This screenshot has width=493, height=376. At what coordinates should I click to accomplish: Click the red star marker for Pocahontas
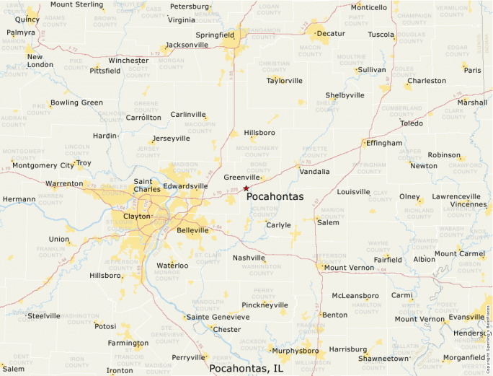tap(246, 188)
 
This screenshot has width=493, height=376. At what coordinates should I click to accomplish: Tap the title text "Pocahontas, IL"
tap(246, 368)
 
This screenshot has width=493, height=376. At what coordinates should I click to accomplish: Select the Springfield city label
tap(215, 35)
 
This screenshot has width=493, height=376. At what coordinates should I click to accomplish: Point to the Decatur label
tap(331, 33)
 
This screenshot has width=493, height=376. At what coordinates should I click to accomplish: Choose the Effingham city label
tap(383, 143)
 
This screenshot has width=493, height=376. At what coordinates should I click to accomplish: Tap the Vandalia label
tap(314, 172)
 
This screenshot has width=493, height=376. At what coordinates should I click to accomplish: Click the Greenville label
tap(241, 177)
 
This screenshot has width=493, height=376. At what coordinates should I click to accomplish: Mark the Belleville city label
tap(192, 230)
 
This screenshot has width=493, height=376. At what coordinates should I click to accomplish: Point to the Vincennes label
tap(468, 204)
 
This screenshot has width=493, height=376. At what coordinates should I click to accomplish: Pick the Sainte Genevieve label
tap(218, 317)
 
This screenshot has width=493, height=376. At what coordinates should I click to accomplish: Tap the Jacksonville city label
tap(187, 45)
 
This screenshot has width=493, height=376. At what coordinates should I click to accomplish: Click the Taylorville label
tap(284, 81)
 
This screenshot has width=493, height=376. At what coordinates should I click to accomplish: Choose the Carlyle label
tap(278, 225)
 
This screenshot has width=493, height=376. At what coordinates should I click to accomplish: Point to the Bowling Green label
tap(76, 102)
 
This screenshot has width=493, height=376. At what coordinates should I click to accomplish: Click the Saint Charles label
tap(147, 185)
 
